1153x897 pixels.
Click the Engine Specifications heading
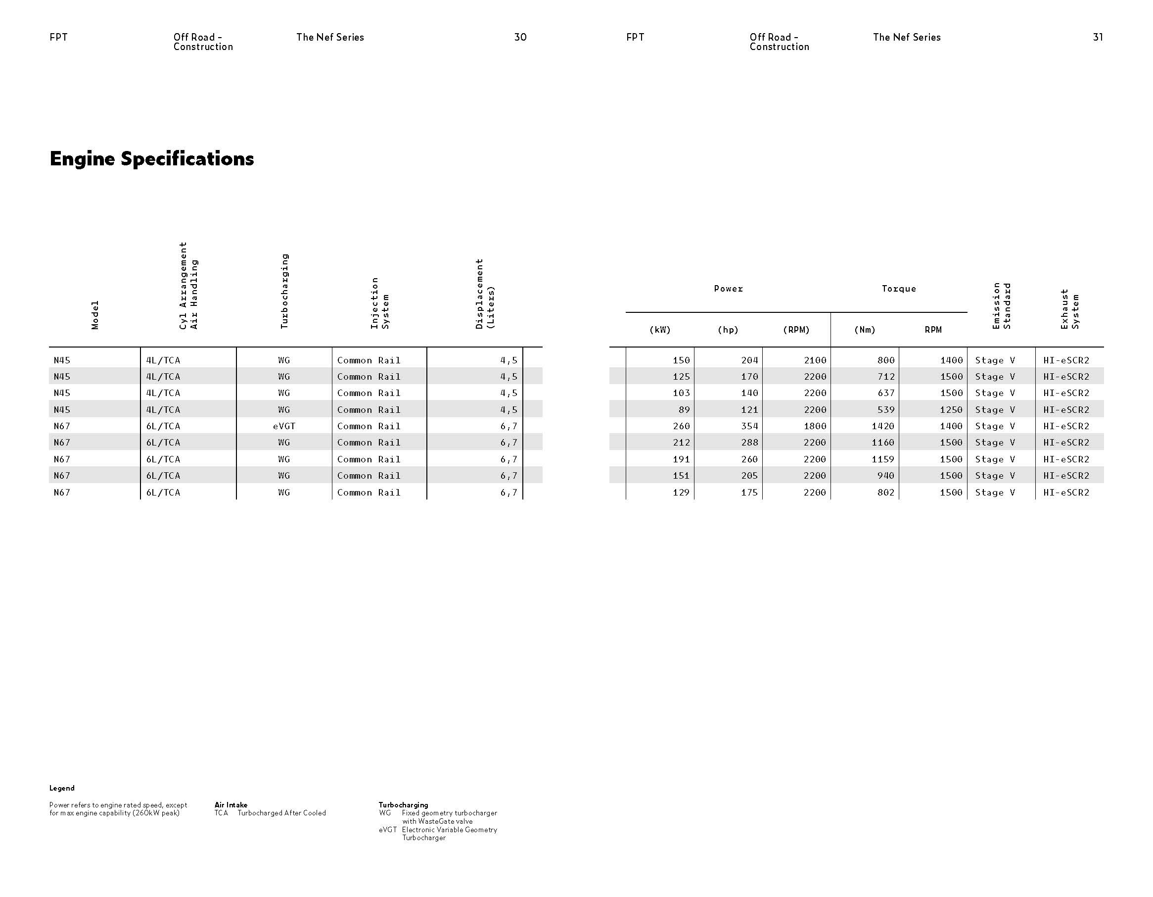(151, 158)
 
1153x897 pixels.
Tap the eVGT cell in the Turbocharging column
(284, 426)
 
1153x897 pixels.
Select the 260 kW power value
(681, 426)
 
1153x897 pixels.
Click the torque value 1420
(883, 426)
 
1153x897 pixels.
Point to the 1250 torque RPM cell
(951, 409)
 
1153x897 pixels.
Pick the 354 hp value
(749, 426)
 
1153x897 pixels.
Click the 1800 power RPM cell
(815, 426)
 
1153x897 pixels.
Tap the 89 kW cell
(684, 409)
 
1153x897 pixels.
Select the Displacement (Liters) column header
(485, 294)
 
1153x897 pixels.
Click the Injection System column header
(379, 302)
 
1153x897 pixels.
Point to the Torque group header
(899, 289)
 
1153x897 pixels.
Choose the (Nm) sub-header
(865, 330)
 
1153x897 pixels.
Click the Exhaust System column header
(1070, 308)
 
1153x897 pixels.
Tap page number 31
(1098, 37)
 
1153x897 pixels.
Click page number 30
(520, 37)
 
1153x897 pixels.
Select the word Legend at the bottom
(62, 788)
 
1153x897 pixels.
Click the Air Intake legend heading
(231, 805)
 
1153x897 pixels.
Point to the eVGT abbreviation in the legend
(387, 830)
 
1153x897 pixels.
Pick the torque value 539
(885, 409)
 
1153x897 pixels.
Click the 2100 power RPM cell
(815, 360)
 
